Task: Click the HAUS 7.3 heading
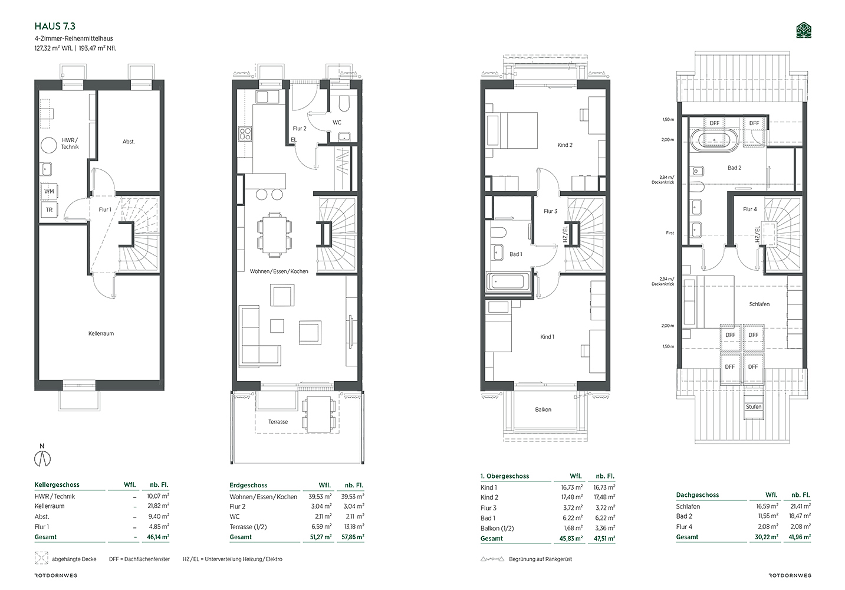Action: [x=55, y=26]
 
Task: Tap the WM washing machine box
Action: [x=49, y=191]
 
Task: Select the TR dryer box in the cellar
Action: [x=49, y=209]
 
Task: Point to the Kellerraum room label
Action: [x=101, y=333]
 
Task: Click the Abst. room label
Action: [x=129, y=142]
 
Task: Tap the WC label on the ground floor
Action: [x=337, y=122]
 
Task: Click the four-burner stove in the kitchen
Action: [x=245, y=134]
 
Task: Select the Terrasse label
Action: [x=278, y=422]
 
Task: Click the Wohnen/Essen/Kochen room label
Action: [x=279, y=271]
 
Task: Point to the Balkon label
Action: [x=543, y=409]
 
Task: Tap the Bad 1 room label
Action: [x=516, y=254]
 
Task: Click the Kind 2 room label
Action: [x=565, y=145]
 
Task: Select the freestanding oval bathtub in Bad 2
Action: [x=715, y=140]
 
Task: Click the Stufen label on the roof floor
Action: [x=754, y=407]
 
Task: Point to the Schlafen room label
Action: [x=759, y=304]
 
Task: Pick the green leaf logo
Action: [x=804, y=30]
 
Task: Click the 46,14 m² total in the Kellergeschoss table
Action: [x=158, y=536]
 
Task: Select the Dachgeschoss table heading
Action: [x=697, y=494]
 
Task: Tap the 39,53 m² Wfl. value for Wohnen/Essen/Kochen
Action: [x=320, y=496]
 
